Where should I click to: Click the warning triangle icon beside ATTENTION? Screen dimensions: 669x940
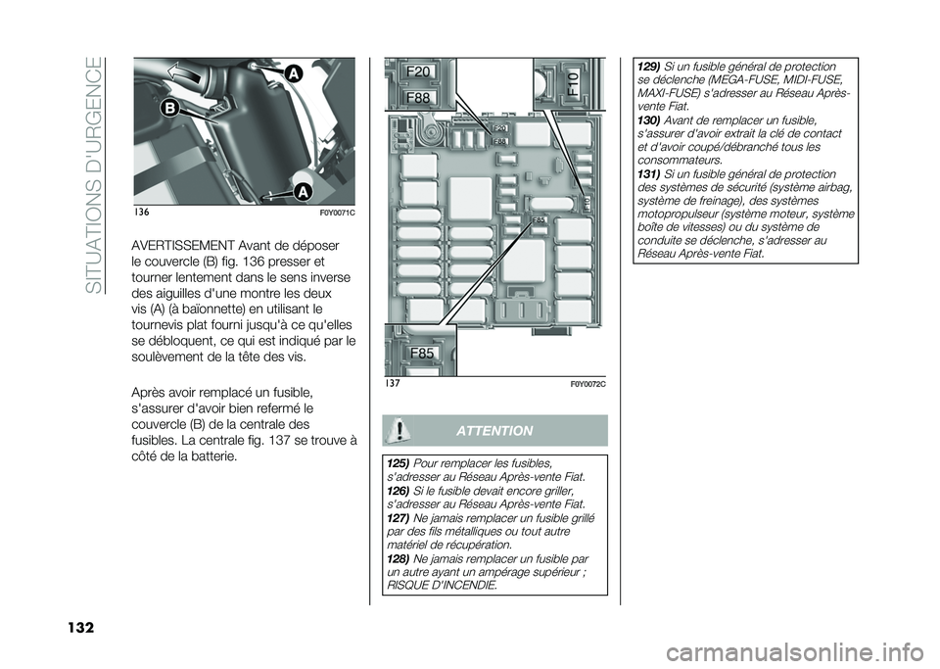pos(400,431)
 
